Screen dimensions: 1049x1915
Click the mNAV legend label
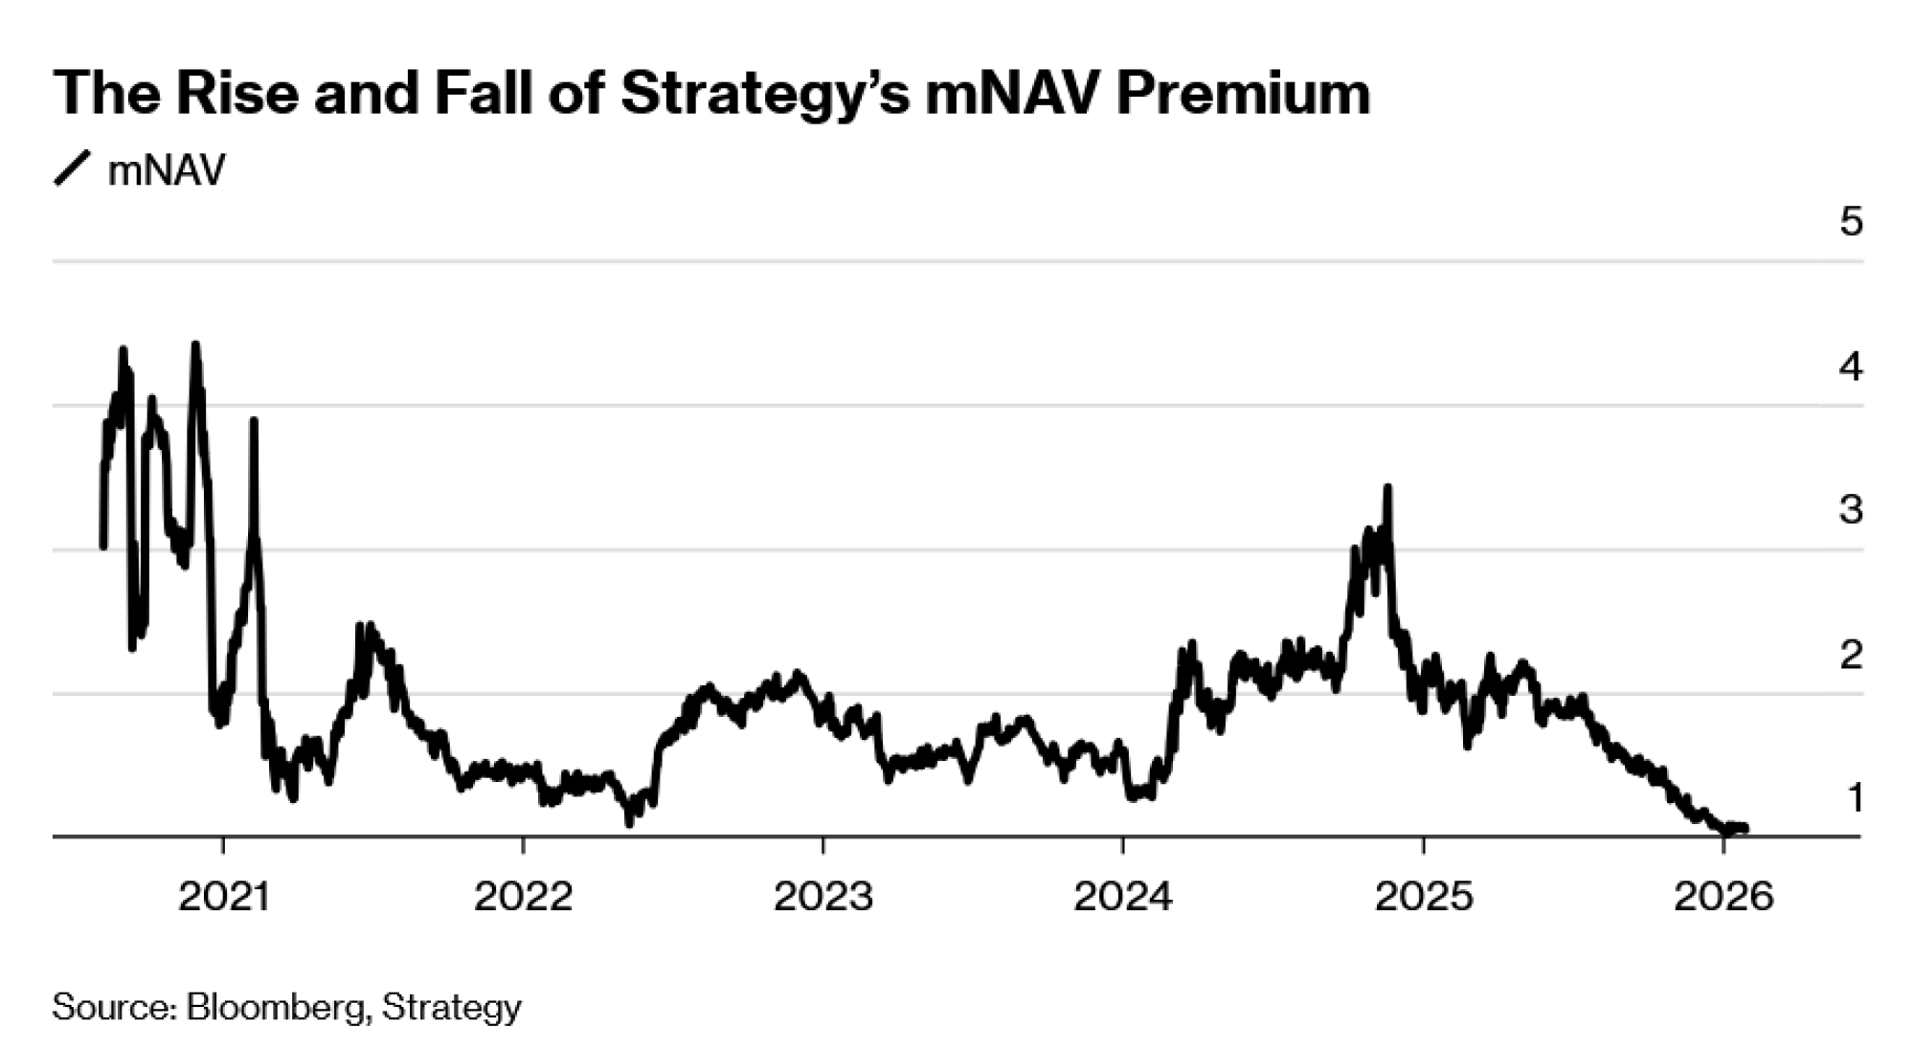pos(167,170)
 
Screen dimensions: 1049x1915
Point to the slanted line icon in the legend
pos(73,168)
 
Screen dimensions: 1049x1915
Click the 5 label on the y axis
pos(1851,222)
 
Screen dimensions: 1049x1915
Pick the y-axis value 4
pos(1851,367)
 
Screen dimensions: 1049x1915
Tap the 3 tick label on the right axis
pos(1851,510)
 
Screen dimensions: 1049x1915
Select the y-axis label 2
pos(1851,655)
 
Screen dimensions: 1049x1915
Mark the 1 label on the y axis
pos(1855,797)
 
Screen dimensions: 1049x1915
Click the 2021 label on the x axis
pos(223,897)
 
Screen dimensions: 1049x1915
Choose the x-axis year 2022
pos(523,897)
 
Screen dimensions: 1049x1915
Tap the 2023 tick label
pos(823,897)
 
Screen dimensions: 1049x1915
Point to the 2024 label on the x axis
pos(1123,897)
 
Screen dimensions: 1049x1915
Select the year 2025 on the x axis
pos(1424,897)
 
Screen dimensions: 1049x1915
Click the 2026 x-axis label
pos(1723,897)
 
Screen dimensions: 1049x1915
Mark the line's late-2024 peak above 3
pos(1387,488)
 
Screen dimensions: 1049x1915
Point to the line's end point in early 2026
pos(1746,828)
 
